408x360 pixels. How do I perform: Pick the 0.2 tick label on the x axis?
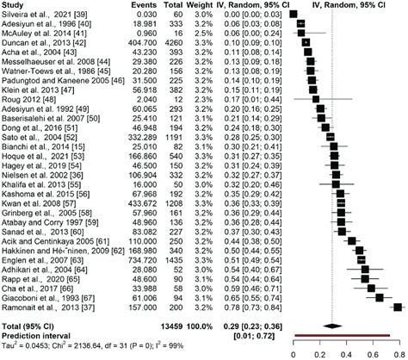tap(320, 354)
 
